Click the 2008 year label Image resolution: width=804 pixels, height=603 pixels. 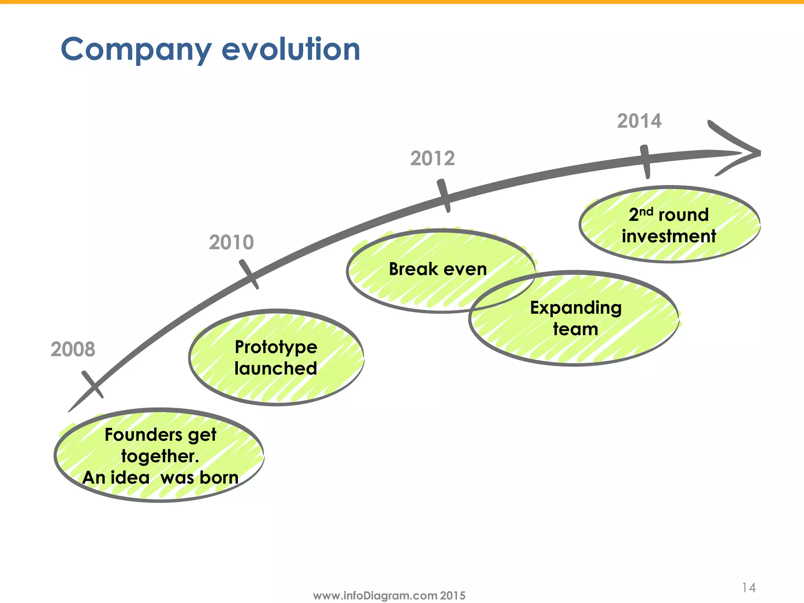click(73, 349)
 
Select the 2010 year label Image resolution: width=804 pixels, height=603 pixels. click(231, 242)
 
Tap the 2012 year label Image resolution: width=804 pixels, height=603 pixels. click(432, 158)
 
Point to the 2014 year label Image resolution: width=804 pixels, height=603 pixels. click(639, 121)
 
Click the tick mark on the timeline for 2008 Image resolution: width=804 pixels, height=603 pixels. click(93, 385)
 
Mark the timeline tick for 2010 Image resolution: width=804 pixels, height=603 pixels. click(249, 274)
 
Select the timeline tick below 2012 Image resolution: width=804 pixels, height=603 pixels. click(444, 196)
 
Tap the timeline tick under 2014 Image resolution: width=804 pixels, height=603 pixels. click(645, 161)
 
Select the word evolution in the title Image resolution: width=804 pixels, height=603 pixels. click(291, 49)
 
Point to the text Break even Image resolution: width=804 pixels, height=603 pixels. click(438, 269)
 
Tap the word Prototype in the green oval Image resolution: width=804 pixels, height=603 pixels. click(276, 347)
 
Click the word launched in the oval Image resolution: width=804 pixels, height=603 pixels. click(276, 368)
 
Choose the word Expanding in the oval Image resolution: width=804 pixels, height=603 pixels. click(576, 308)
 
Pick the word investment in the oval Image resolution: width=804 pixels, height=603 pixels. click(669, 236)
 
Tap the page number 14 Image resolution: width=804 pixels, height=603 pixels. click(749, 588)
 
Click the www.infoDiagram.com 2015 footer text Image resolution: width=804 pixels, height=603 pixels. click(389, 596)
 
